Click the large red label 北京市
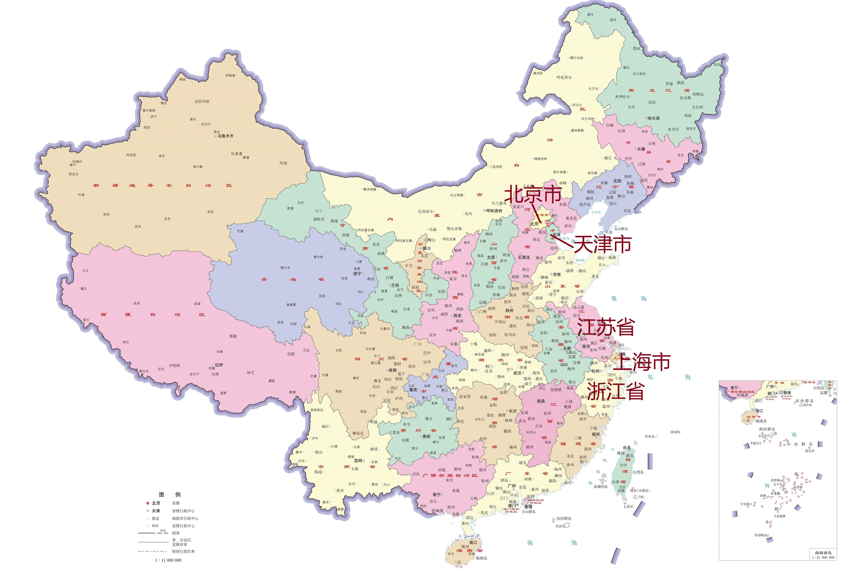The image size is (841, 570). (x=533, y=194)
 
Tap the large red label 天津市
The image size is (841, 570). (x=602, y=244)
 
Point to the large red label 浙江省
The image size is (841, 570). (x=615, y=391)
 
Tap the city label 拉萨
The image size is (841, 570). (x=219, y=365)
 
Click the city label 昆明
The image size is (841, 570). (x=358, y=461)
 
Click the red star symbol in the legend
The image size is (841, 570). (x=148, y=503)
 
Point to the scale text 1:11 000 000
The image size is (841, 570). (x=168, y=560)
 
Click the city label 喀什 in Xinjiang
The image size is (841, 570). (x=73, y=165)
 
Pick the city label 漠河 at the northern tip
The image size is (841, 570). (x=590, y=15)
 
